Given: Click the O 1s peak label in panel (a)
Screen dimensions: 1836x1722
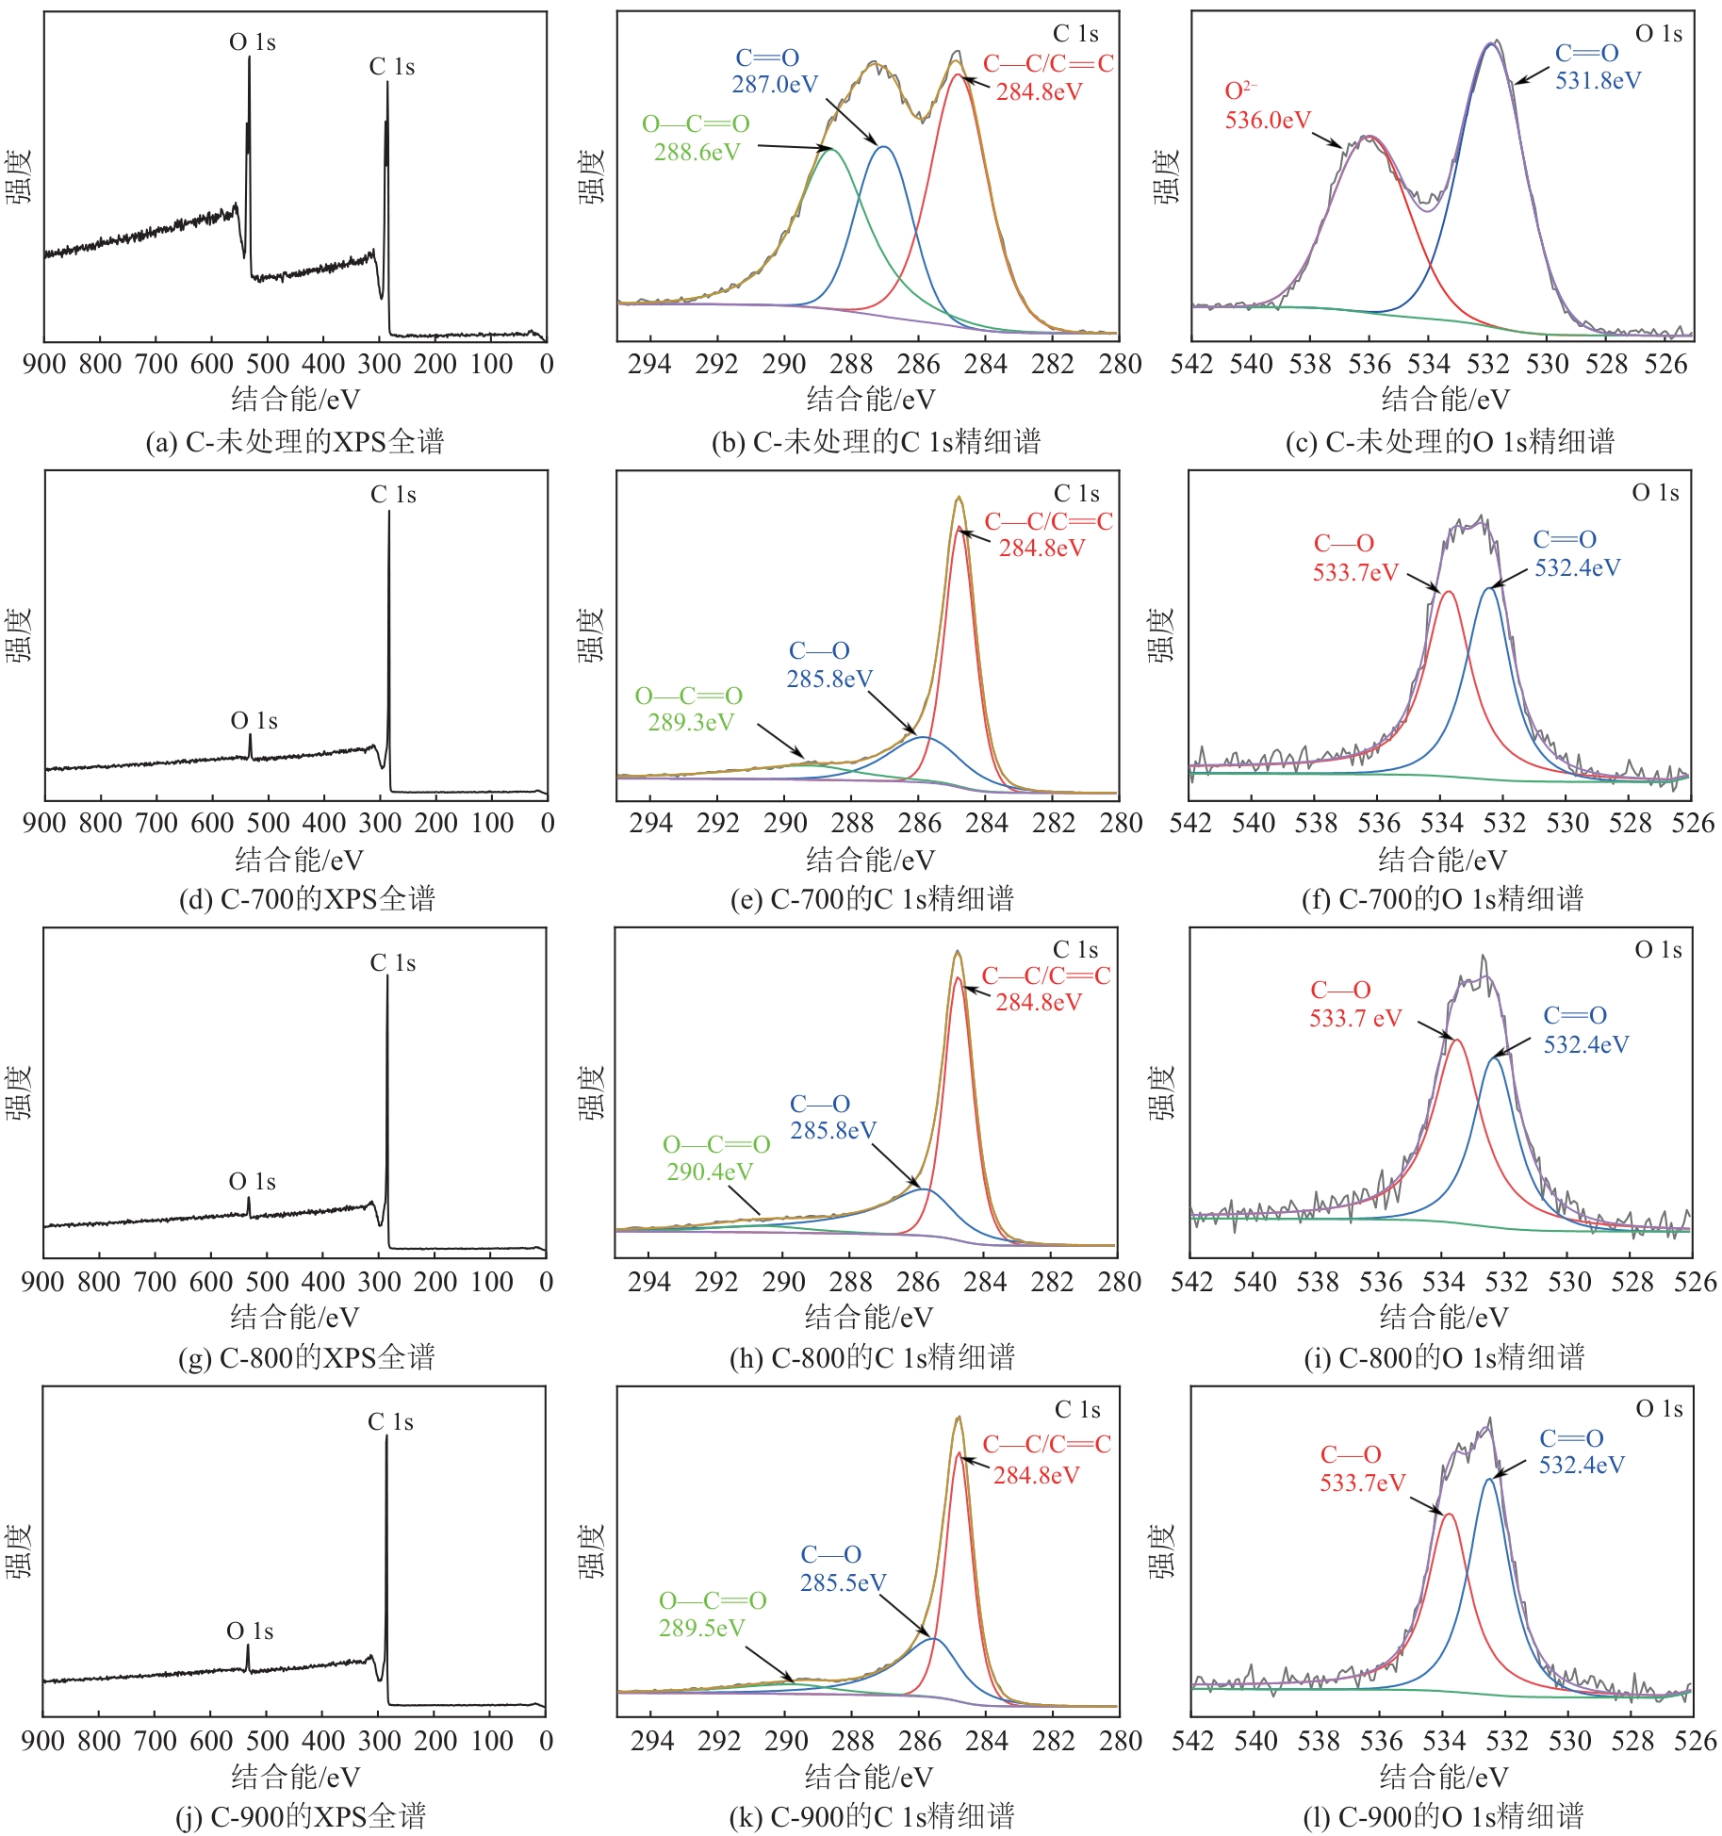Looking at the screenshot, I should click(x=253, y=42).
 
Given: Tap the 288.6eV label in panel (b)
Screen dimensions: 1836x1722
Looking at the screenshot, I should click(x=697, y=153).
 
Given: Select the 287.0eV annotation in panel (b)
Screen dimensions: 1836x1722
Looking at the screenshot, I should click(x=775, y=85).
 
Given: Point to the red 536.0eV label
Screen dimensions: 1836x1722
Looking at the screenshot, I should click(x=1268, y=121).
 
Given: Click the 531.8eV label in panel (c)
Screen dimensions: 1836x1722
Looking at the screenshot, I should click(x=1598, y=81).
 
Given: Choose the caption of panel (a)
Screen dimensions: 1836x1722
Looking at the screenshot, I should click(x=294, y=442).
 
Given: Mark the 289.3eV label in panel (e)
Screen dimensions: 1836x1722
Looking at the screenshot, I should click(x=690, y=723).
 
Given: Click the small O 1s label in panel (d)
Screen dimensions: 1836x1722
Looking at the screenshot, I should click(x=254, y=721).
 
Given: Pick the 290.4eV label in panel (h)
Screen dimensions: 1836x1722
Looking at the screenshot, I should click(x=709, y=1172).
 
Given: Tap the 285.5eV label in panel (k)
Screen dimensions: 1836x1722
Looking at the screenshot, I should click(x=843, y=1582).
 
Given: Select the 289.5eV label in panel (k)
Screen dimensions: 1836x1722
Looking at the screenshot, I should click(x=701, y=1628).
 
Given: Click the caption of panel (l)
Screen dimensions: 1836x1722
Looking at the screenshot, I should click(x=1443, y=1816).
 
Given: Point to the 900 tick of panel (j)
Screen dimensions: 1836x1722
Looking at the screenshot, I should click(x=43, y=1740).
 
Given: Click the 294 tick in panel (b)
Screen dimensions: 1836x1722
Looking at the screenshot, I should click(x=649, y=364).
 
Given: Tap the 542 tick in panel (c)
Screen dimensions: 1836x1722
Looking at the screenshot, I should click(x=1191, y=364).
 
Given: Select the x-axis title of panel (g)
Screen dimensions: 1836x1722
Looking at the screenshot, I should click(x=294, y=1317).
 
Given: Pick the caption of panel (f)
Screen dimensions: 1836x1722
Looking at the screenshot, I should click(x=1442, y=899).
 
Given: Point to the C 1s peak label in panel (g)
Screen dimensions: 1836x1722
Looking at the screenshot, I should click(x=392, y=962).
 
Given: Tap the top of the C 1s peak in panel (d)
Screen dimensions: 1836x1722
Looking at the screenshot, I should click(x=388, y=512).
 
